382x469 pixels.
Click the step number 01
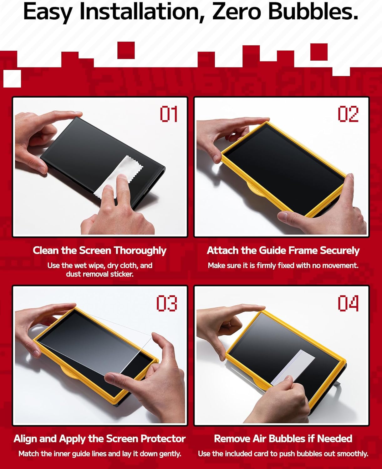click(x=169, y=113)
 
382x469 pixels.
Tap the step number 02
click(x=348, y=113)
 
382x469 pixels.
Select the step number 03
click(x=167, y=303)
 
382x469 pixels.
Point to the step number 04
click(x=348, y=303)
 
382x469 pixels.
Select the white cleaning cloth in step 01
click(x=118, y=176)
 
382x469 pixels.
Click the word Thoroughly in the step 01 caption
click(x=140, y=251)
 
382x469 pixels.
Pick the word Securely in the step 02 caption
click(x=339, y=251)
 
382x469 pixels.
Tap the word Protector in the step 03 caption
click(x=163, y=439)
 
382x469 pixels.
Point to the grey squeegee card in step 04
click(x=293, y=367)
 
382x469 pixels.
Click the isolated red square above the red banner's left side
click(x=126, y=50)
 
